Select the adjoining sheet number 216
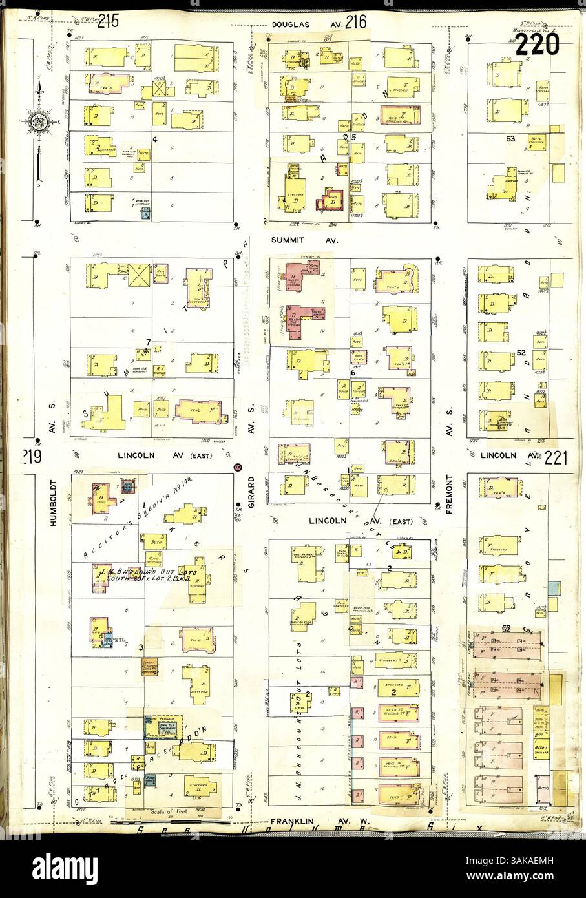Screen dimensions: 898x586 (355, 23)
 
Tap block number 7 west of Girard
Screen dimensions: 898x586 (148, 341)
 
